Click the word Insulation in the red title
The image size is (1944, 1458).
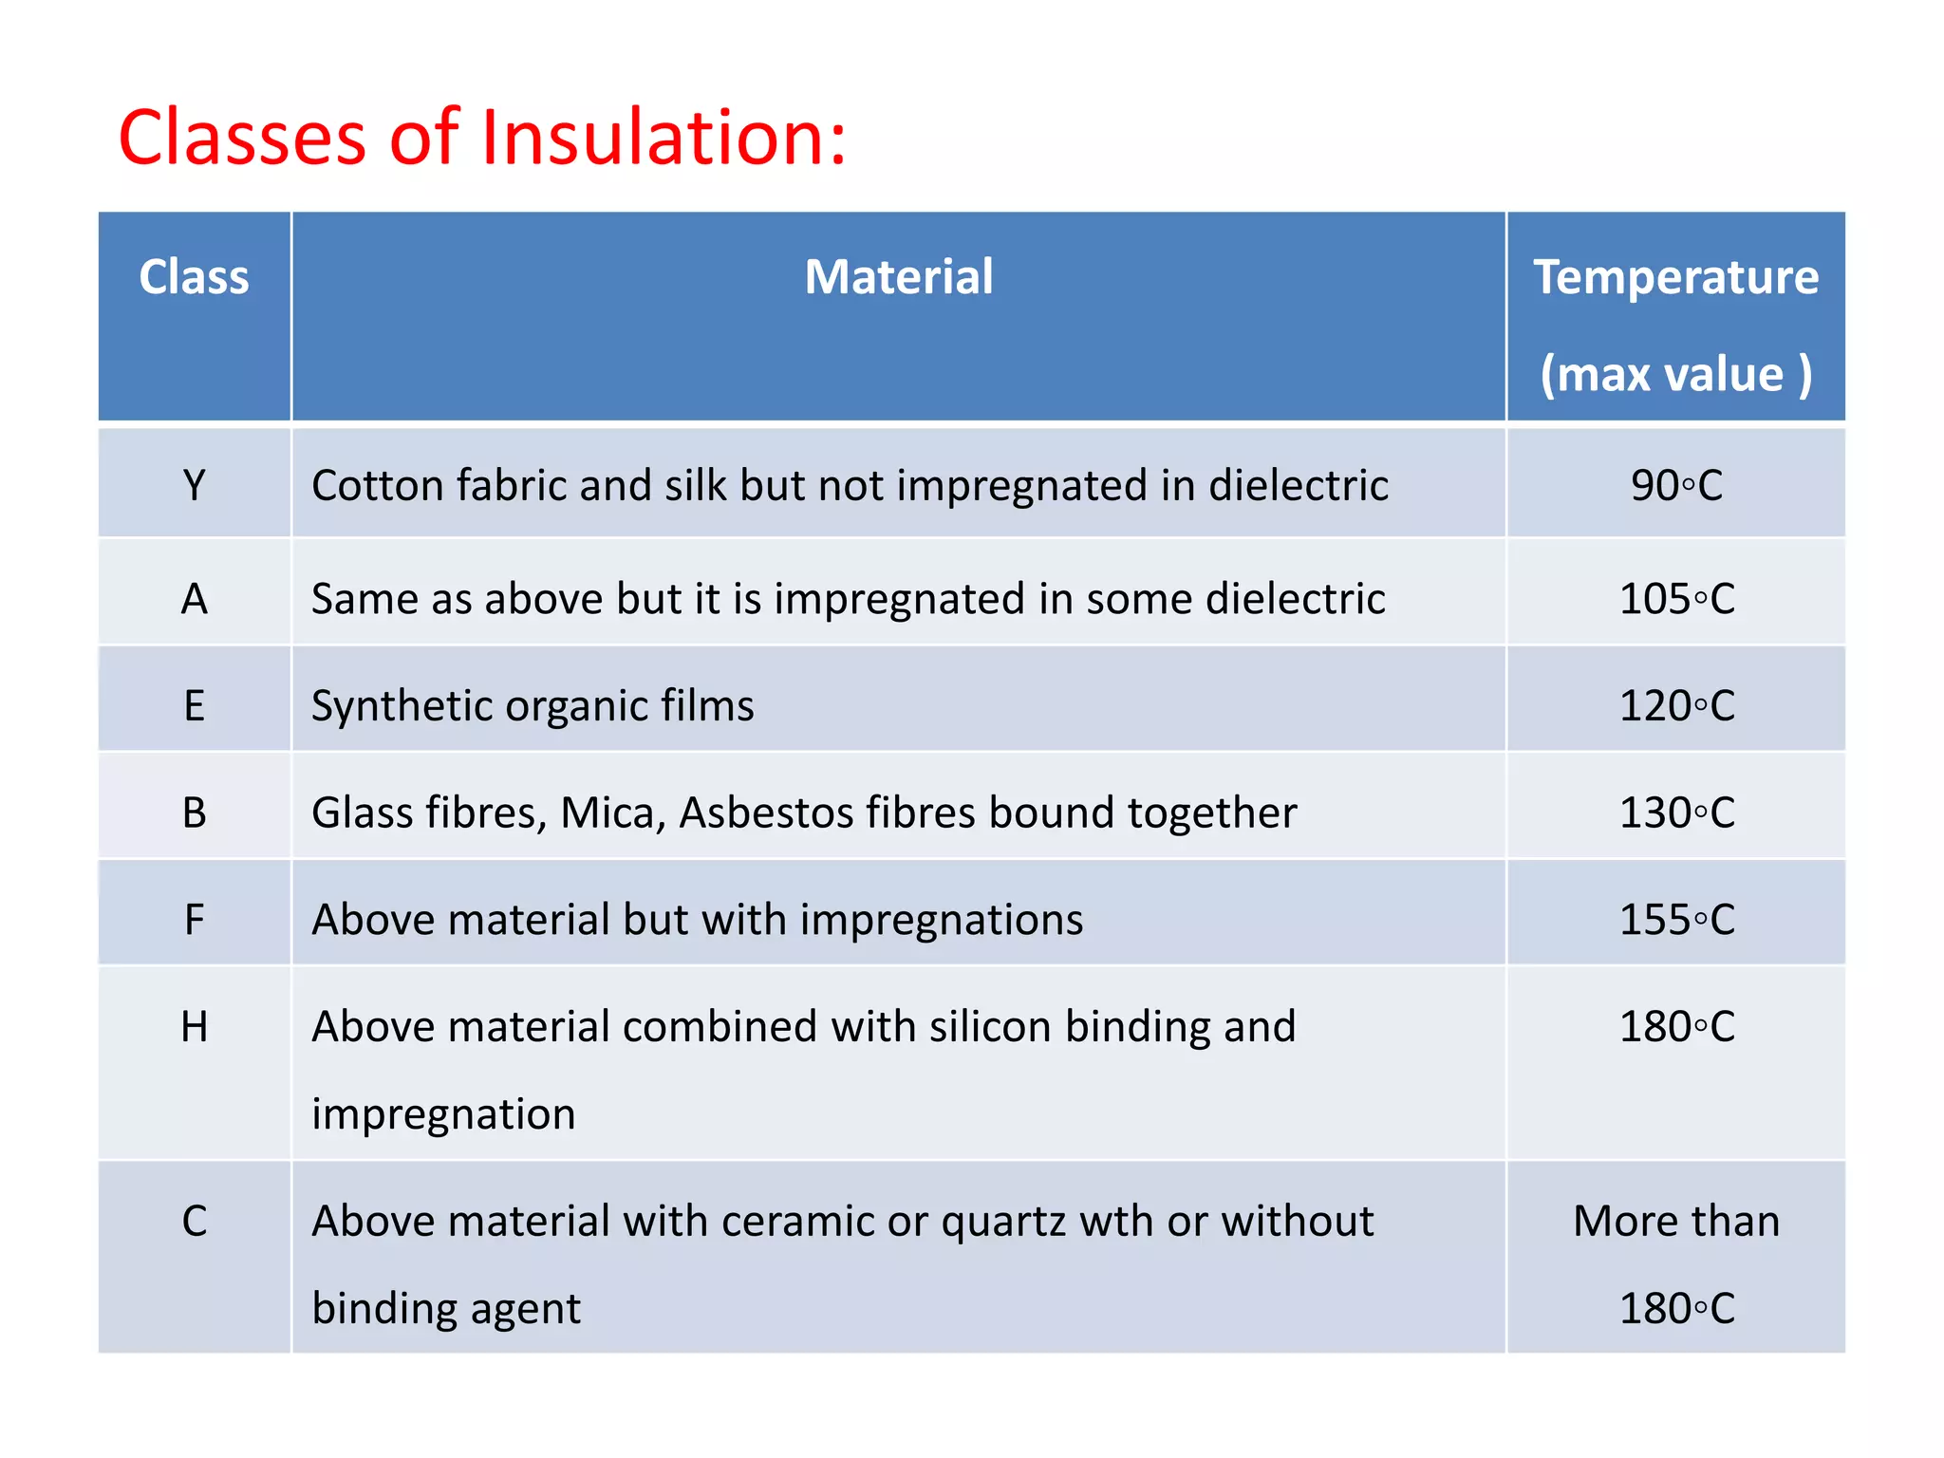(664, 139)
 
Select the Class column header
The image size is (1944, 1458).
(194, 277)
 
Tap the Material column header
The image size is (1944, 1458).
(898, 277)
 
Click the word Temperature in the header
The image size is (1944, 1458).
(1675, 277)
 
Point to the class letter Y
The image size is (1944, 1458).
(194, 486)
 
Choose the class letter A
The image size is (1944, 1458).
(194, 599)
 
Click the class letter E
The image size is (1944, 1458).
(194, 706)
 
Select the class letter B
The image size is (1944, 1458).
(194, 813)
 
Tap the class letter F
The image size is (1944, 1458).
(194, 920)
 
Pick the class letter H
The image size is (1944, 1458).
(194, 1027)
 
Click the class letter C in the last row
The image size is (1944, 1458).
(194, 1221)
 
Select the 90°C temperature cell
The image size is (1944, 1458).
(1676, 486)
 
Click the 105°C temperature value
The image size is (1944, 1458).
(1676, 599)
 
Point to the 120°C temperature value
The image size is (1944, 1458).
(1676, 706)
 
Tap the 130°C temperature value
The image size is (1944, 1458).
(1676, 813)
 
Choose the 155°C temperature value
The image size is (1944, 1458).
(1676, 920)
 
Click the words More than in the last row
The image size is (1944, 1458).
(1676, 1221)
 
